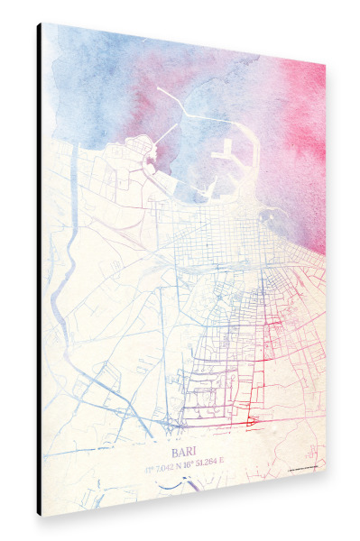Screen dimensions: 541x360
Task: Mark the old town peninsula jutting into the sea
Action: pos(141,149)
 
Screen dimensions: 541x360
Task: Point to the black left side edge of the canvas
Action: pos(40,270)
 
